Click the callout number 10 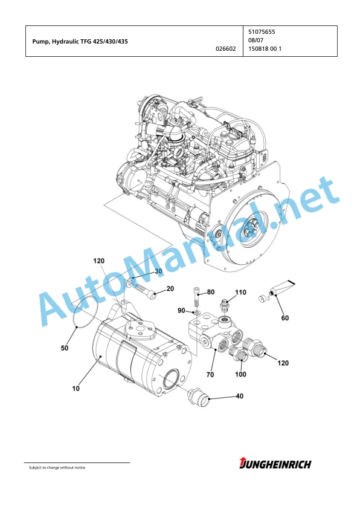76,388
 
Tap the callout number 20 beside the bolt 170,288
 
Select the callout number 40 239,396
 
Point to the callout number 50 65,348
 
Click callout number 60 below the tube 284,318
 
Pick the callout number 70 210,375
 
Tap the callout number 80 211,292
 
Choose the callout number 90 181,311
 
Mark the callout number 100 240,374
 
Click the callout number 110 240,293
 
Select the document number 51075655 262,32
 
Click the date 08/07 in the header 256,41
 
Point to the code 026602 226,49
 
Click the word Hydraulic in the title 63,42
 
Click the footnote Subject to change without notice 57,467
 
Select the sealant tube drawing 282,287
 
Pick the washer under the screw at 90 196,313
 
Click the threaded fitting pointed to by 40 198,397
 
